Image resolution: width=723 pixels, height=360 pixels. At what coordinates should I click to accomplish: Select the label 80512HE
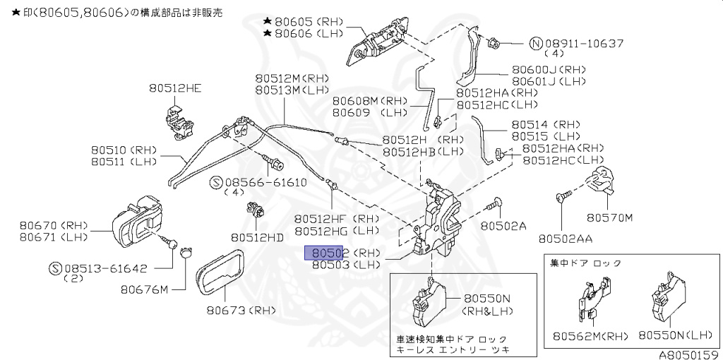coord(174,88)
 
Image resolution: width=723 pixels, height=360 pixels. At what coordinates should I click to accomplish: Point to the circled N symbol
coord(536,43)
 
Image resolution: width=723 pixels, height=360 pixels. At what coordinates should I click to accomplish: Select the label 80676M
coord(144,289)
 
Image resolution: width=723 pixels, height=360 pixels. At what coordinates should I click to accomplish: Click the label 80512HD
coord(257,237)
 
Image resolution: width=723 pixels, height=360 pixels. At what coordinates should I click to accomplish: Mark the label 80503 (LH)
coord(346,265)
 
